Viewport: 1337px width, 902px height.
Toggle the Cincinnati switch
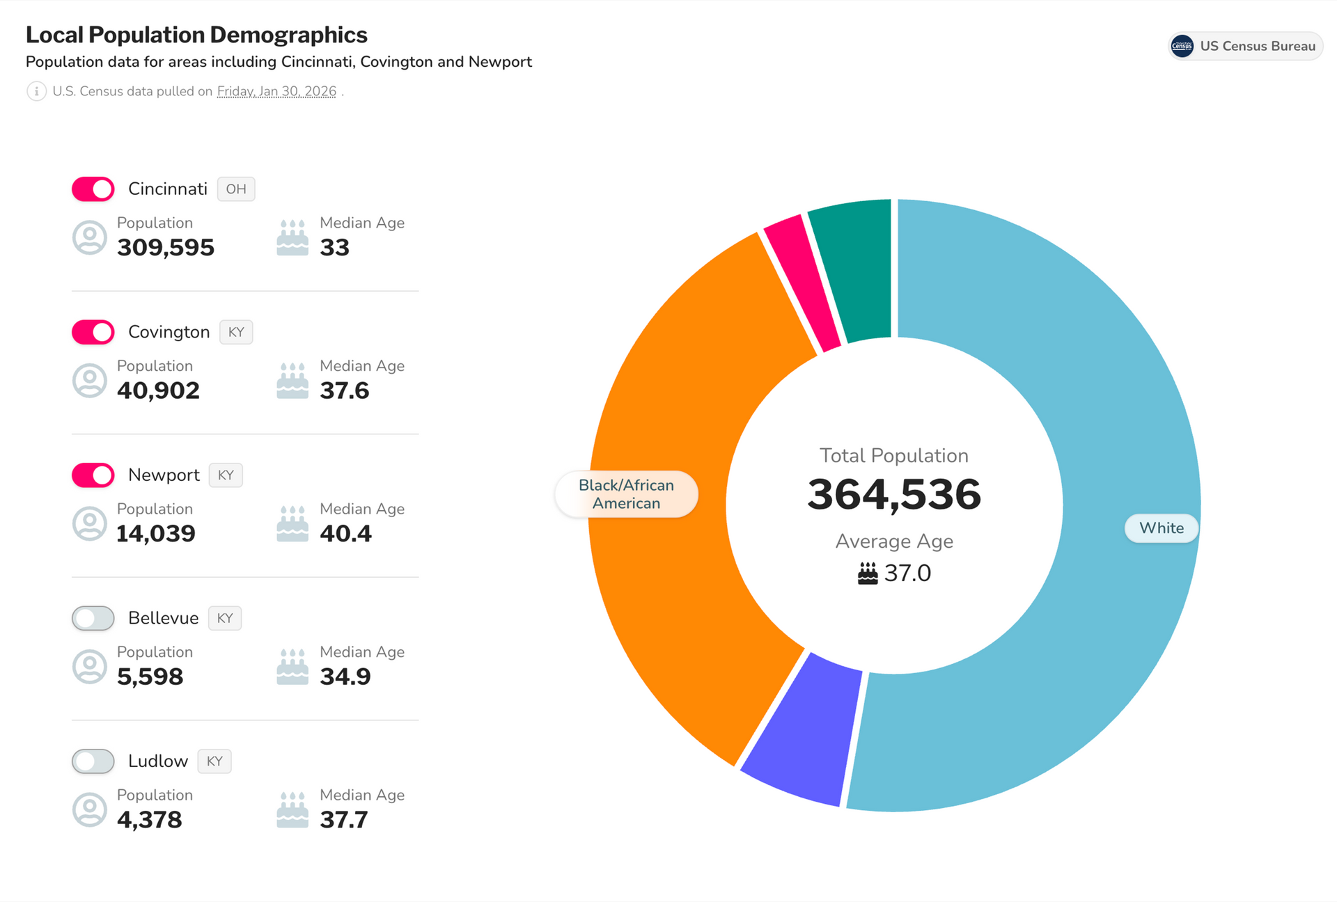[93, 189]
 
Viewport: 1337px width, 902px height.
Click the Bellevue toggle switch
[93, 618]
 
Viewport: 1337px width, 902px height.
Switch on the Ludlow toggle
[93, 761]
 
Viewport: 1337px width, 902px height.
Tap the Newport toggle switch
[93, 475]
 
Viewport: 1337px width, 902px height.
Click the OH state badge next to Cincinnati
[235, 189]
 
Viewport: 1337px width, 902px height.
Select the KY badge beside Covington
[236, 332]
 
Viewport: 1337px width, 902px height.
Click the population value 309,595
[166, 248]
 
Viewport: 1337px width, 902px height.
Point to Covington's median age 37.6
[344, 390]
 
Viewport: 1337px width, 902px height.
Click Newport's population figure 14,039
[156, 534]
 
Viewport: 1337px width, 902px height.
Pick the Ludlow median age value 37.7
[343, 820]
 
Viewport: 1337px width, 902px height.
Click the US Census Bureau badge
[1245, 46]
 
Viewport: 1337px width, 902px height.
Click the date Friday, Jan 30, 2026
[276, 91]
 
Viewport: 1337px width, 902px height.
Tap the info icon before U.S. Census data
[36, 91]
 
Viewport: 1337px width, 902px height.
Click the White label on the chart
[1161, 528]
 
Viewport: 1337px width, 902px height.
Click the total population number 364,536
[894, 495]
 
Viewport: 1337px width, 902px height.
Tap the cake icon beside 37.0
[867, 573]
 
